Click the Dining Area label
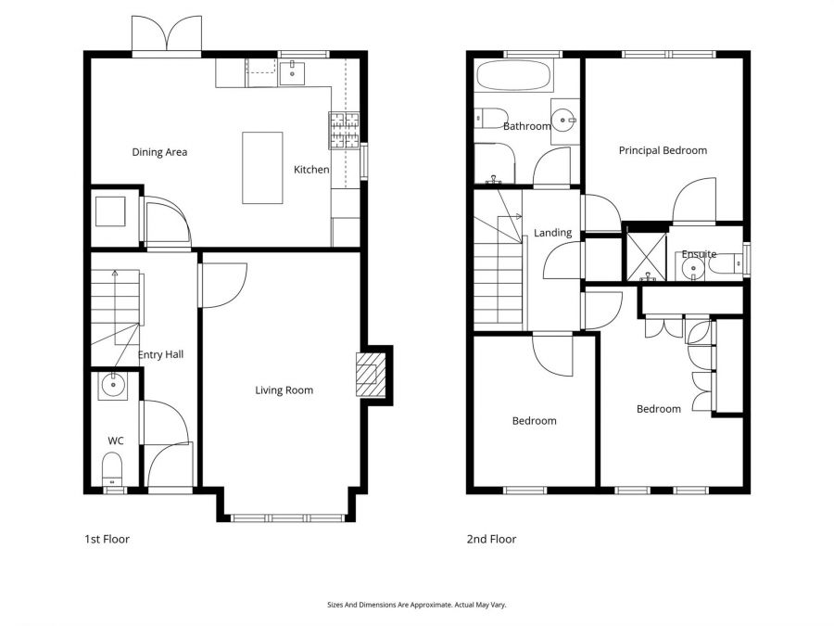point(159,152)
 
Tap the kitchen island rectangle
point(262,168)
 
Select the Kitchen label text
point(311,170)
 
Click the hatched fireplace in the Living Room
point(368,375)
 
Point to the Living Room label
point(284,390)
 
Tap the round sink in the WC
point(114,386)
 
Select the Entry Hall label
point(161,355)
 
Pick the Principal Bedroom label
point(663,150)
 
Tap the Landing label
point(552,233)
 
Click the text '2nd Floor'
point(491,539)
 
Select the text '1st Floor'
point(104,539)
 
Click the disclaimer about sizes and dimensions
point(417,605)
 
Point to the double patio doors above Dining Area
point(167,35)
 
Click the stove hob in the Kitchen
point(343,131)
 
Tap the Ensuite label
point(699,254)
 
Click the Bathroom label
point(526,126)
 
